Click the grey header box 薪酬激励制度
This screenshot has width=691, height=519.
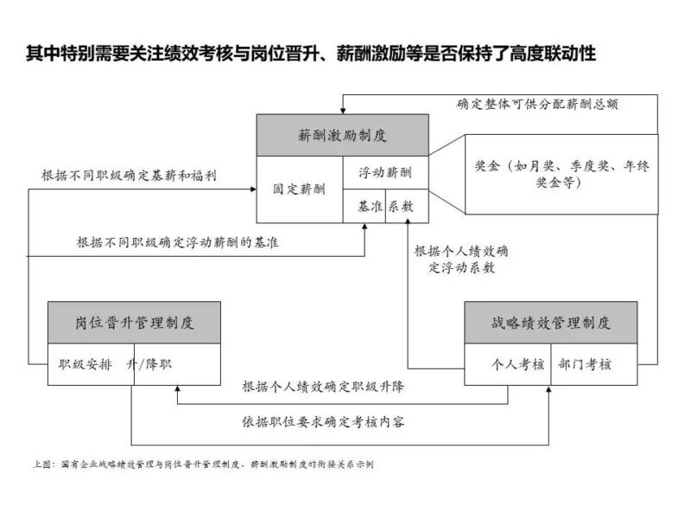tap(343, 136)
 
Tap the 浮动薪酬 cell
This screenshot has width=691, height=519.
tap(385, 173)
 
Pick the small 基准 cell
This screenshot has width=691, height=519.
tap(364, 207)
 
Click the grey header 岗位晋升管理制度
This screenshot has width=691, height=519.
tap(134, 323)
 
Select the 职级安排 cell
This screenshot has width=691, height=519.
tap(86, 364)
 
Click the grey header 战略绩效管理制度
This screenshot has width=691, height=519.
tap(550, 323)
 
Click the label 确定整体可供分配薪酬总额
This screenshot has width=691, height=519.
tap(536, 103)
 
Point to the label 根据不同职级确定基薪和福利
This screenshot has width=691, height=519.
tap(129, 175)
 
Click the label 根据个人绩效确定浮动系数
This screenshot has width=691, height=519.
tap(460, 259)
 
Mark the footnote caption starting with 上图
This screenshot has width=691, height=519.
tap(200, 464)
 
